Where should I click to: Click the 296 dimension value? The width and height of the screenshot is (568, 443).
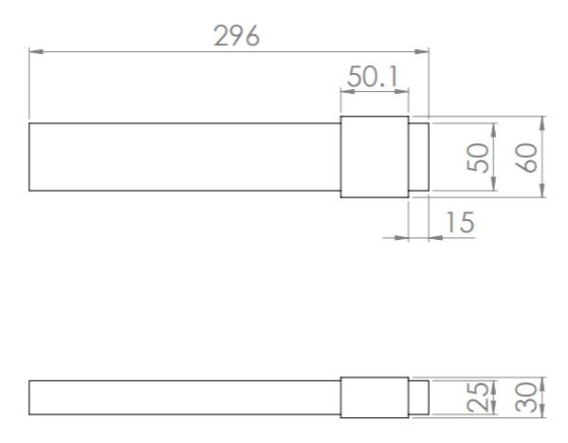point(236,35)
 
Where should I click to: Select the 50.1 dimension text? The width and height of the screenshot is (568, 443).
point(373,77)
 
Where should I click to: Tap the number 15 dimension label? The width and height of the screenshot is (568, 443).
point(460,222)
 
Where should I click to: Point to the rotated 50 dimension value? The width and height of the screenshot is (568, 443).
point(478,157)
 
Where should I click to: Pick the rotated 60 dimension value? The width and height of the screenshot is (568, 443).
point(526,157)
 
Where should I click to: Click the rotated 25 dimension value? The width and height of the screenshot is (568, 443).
point(478,397)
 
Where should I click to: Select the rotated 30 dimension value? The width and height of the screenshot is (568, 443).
point(526,397)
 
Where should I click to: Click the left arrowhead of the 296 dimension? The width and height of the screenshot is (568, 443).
point(36,51)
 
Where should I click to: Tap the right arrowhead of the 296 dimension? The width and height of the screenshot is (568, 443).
point(422,51)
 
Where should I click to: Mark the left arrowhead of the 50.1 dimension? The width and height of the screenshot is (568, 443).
point(348,91)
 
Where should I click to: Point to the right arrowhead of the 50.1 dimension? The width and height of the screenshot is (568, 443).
point(402,91)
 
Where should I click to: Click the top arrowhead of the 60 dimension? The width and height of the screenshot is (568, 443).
point(542,123)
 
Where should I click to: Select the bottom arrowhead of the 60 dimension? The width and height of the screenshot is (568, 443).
point(542,191)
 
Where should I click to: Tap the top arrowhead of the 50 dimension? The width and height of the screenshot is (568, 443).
point(494,130)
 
